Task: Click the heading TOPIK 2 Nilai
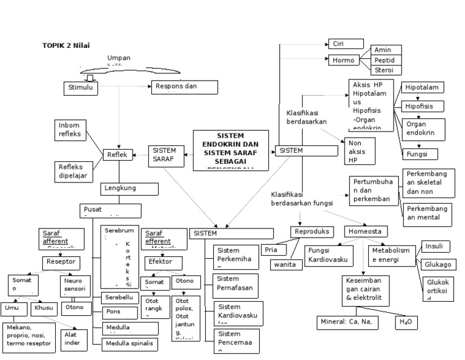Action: click(x=65, y=45)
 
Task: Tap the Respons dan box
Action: click(x=183, y=87)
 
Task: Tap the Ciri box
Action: click(x=346, y=44)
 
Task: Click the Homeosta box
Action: click(x=367, y=232)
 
